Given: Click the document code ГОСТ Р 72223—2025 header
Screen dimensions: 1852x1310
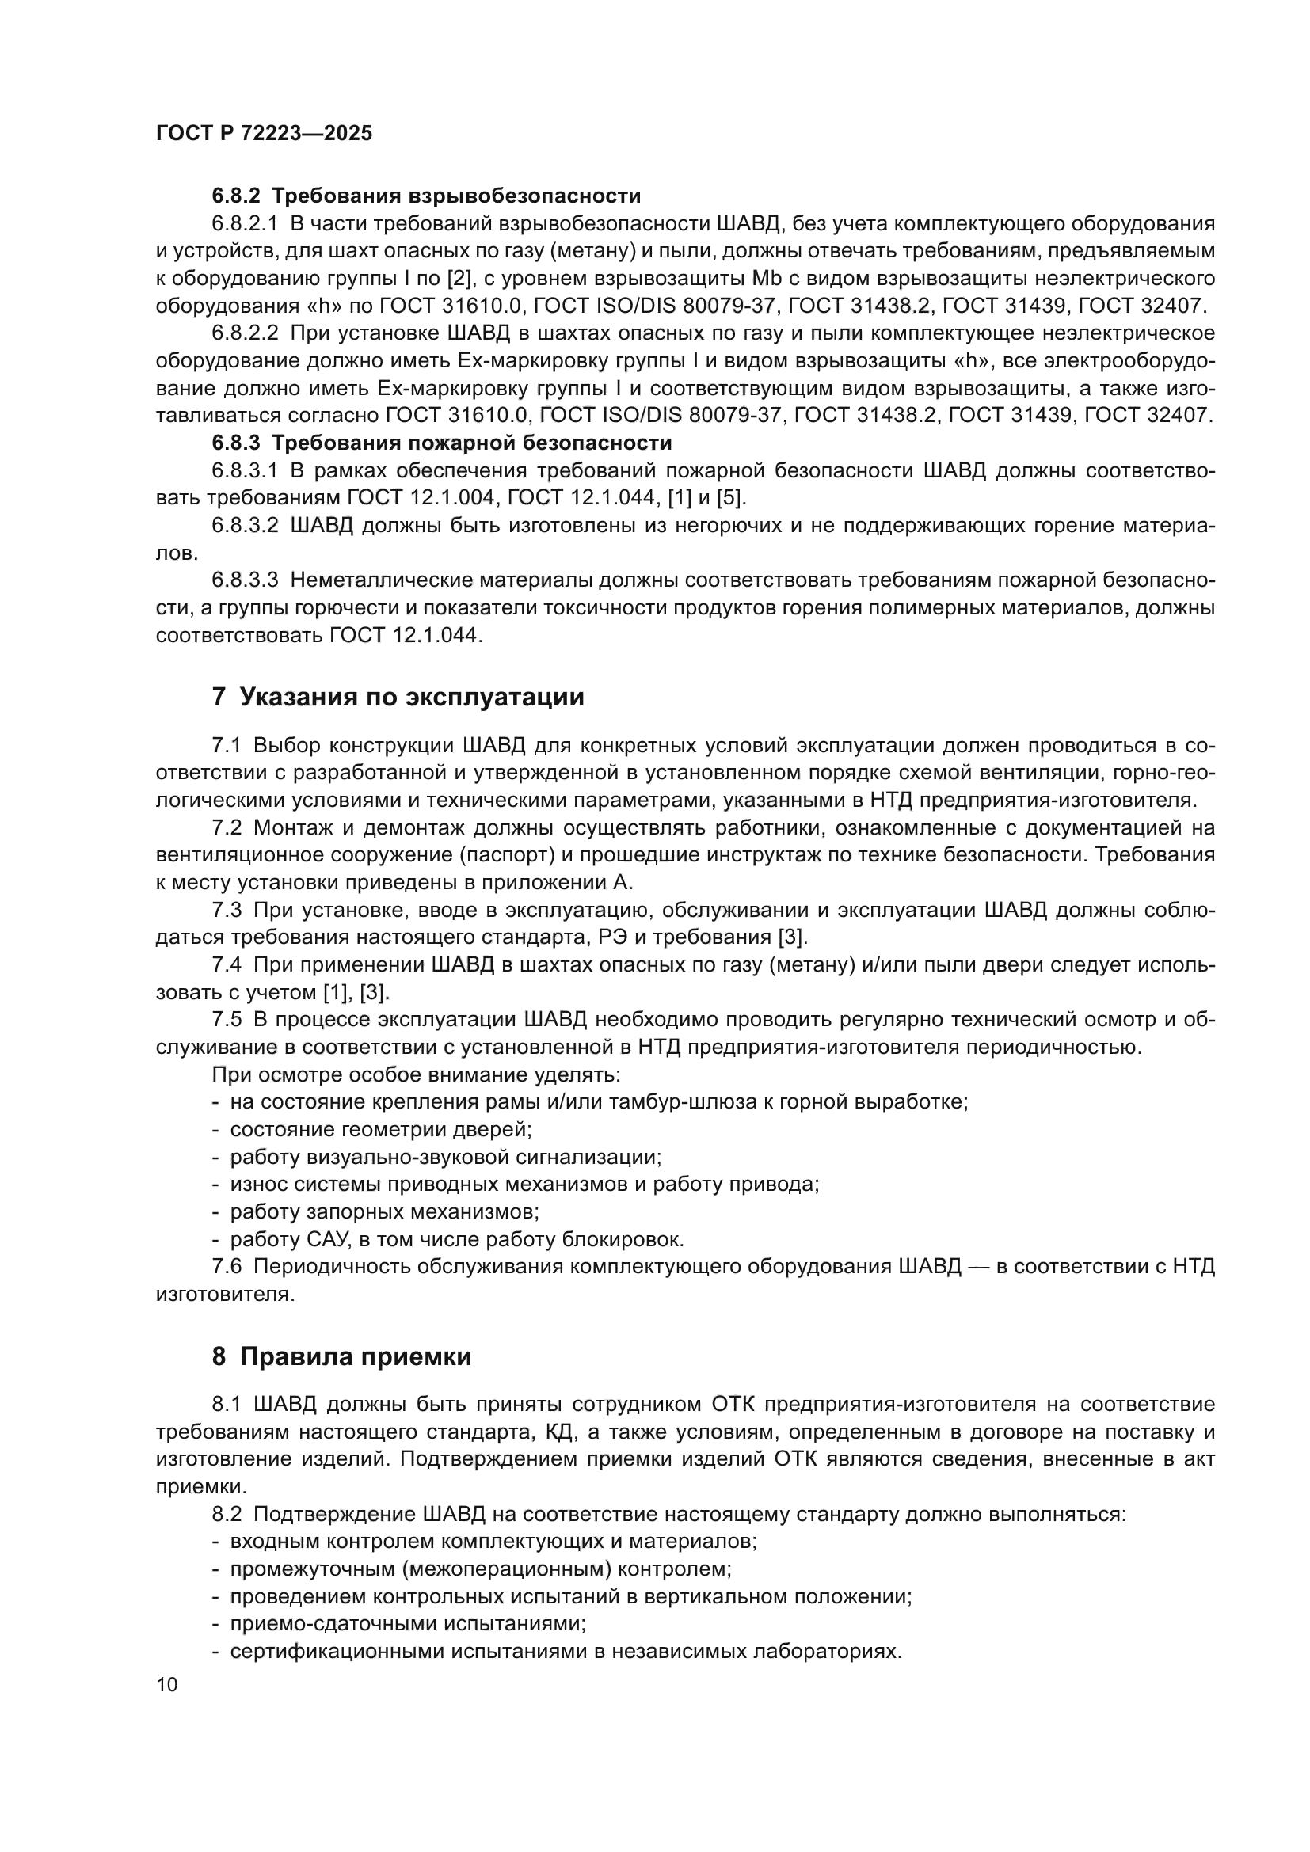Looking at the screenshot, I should [264, 133].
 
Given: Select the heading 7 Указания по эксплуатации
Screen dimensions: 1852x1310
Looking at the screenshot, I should [398, 697].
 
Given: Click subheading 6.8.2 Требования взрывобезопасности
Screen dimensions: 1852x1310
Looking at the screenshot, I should [426, 196].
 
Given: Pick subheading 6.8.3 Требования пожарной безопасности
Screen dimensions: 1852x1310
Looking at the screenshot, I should [441, 443].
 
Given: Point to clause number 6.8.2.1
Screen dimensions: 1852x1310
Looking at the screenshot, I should [245, 223].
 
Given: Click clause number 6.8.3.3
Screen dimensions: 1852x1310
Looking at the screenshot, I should [245, 580].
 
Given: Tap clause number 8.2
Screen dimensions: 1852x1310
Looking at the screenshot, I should [227, 1514].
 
